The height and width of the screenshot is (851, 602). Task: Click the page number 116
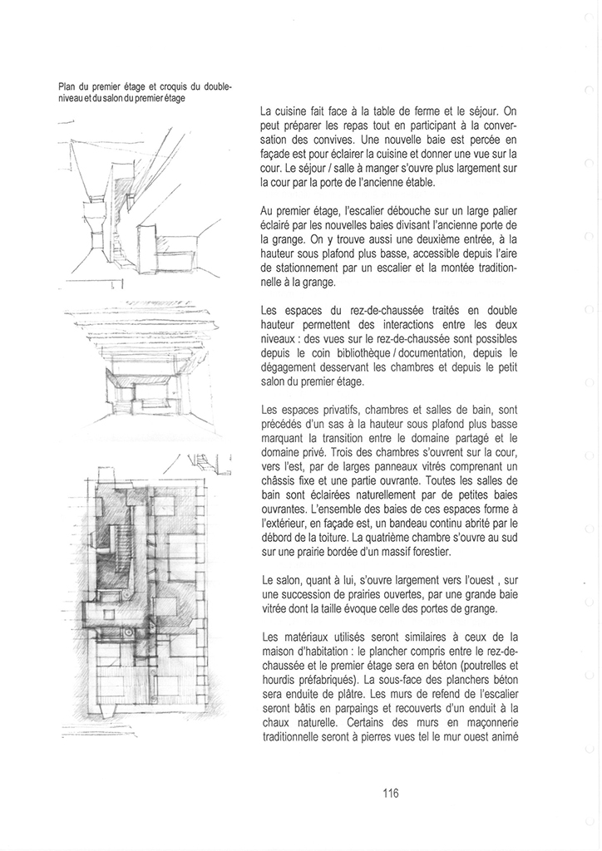[391, 793]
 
